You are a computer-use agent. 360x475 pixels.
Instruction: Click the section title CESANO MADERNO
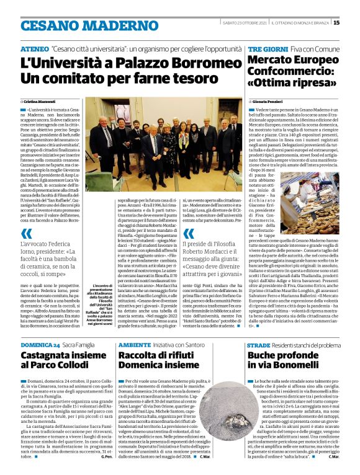[x=81, y=25]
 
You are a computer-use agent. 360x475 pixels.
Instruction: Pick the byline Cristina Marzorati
[x=40, y=100]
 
